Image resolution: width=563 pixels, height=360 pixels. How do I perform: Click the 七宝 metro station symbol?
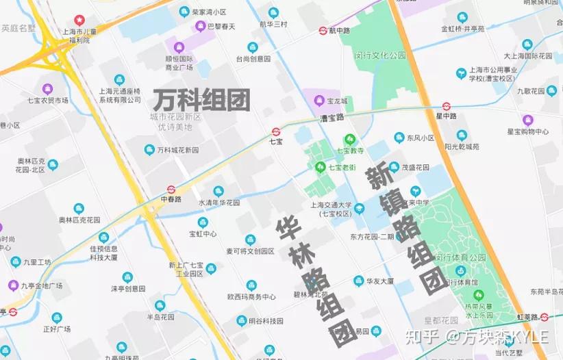click(276, 131)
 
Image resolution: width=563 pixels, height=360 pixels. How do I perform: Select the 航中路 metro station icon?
click(323, 31)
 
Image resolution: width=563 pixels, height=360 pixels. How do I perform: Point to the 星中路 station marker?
click(446, 106)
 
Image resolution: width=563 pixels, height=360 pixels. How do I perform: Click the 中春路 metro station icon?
click(171, 190)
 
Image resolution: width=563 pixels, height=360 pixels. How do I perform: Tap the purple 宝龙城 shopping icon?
click(319, 101)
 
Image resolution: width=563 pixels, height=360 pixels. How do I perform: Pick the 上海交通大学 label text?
click(330, 205)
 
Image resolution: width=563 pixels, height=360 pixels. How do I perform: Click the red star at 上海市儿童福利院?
click(79, 20)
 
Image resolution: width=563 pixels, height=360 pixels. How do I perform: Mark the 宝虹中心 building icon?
click(203, 222)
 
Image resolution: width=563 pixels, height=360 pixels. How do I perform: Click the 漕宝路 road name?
click(331, 118)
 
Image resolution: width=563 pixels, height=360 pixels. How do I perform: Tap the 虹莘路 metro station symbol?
click(544, 317)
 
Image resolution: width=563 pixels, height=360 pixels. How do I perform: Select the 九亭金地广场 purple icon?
click(13, 285)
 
